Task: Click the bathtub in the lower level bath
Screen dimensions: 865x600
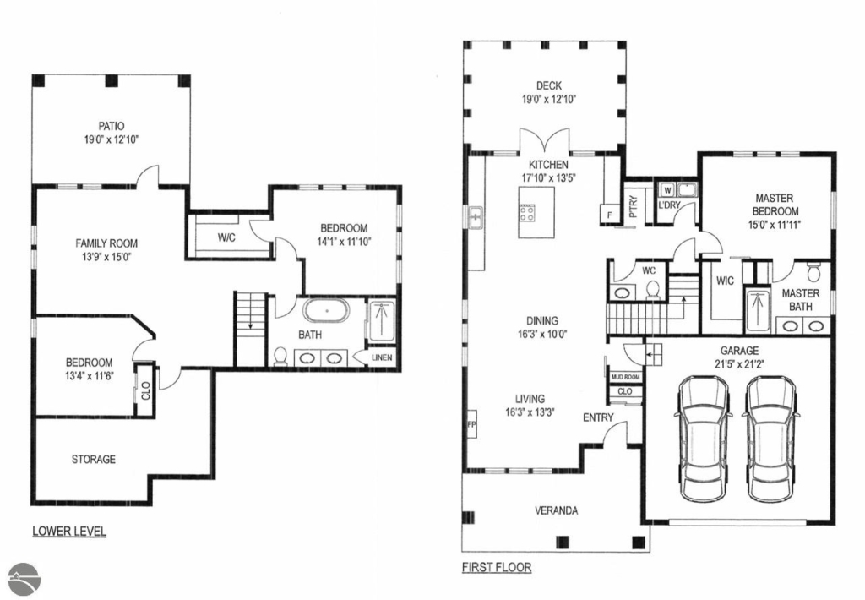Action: [x=327, y=311]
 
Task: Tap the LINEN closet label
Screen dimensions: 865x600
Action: [x=382, y=357]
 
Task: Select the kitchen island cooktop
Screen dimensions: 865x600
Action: [x=527, y=212]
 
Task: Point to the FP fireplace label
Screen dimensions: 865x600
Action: [x=471, y=424]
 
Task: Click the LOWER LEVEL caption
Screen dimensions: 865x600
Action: [x=69, y=531]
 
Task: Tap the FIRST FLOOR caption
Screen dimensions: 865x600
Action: [x=497, y=567]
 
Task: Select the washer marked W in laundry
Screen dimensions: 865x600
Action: [x=667, y=190]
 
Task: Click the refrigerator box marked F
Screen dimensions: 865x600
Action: [x=609, y=215]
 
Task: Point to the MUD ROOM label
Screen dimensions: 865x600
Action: [x=626, y=377]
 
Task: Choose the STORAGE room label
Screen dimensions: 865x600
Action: [x=93, y=459]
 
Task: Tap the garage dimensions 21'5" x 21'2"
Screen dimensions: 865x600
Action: [x=739, y=363]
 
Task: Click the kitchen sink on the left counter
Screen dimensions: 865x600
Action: [x=476, y=217]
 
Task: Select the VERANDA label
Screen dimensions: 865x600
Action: [x=556, y=510]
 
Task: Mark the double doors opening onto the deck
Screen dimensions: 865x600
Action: [x=545, y=140]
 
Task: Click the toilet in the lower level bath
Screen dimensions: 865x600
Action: [x=280, y=356]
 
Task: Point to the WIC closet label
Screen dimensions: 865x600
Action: [x=725, y=281]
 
